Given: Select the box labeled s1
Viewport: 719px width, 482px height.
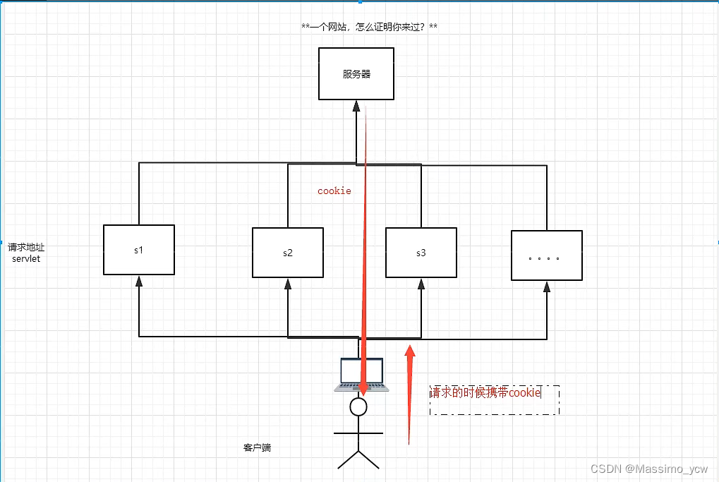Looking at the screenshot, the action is tap(139, 250).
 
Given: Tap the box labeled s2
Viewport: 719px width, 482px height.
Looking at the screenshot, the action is tap(288, 253).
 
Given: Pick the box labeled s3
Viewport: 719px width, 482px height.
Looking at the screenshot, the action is tap(421, 253).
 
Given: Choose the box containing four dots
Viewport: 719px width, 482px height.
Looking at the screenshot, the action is tap(547, 255).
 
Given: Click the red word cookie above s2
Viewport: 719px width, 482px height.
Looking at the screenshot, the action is tap(334, 191).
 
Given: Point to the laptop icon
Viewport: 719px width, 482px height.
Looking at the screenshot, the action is tap(361, 374).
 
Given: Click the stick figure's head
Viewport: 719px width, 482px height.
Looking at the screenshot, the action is tap(358, 406).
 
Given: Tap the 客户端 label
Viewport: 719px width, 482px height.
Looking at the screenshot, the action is tap(258, 447).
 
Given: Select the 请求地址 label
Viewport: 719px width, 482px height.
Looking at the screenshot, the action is tap(26, 248).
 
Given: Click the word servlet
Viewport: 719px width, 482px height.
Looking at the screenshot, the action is tap(26, 259).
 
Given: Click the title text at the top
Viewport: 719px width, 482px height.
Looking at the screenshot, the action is tap(369, 27).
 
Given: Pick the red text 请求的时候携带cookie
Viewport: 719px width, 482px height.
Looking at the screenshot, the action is tap(485, 392).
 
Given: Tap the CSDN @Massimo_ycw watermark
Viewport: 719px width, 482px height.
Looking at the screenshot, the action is tap(648, 469).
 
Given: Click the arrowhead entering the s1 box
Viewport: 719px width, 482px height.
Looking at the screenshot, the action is tap(139, 281).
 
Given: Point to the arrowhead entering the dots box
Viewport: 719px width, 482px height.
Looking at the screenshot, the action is tap(547, 287).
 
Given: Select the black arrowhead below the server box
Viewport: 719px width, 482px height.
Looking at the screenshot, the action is tap(356, 106).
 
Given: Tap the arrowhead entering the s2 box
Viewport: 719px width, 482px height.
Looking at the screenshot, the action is tap(288, 284).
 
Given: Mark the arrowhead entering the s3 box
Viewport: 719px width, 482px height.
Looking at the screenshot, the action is tap(421, 284).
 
